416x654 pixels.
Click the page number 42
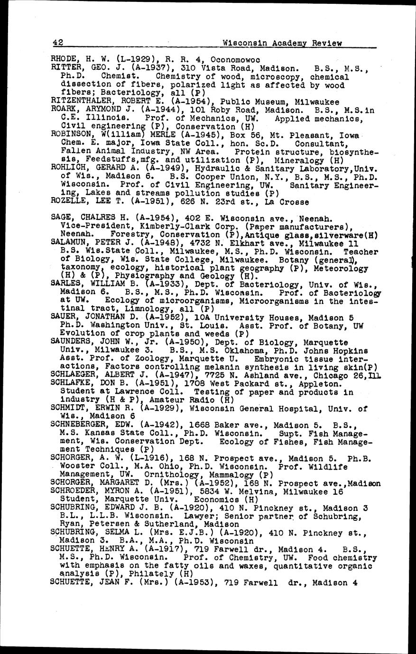58,43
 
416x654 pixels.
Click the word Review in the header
327,43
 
